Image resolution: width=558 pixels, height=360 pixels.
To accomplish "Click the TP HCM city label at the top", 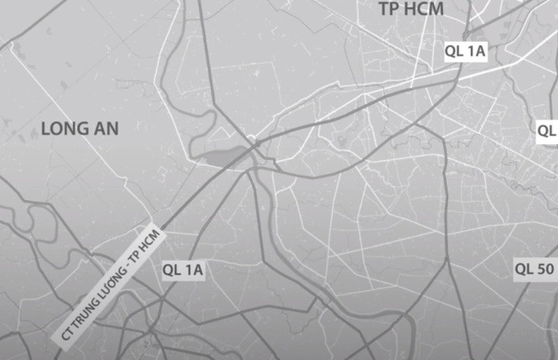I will [x=410, y=10].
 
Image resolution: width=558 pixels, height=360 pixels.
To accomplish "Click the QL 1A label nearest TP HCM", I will [x=465, y=51].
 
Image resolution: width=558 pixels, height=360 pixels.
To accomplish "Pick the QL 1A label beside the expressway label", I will [x=183, y=269].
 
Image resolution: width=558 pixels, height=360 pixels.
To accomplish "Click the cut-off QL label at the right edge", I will [x=547, y=130].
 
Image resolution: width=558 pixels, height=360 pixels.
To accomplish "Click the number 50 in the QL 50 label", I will [x=547, y=268].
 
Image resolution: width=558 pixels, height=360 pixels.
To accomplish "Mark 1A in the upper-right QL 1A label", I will [x=477, y=51].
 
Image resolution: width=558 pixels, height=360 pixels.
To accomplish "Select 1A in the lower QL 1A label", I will [x=194, y=269].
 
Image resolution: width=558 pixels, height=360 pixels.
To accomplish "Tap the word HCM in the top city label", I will [x=424, y=10].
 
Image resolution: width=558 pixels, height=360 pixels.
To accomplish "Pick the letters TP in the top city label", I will [x=387, y=10].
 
